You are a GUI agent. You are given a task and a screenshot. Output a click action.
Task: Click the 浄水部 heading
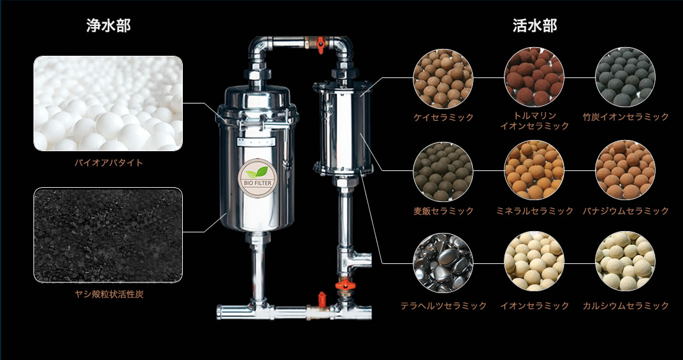click(108, 25)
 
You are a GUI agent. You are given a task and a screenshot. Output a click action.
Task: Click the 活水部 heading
click(534, 25)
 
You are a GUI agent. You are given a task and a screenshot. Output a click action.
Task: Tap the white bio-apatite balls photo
click(108, 103)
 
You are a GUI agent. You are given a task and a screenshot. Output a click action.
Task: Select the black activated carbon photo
click(108, 235)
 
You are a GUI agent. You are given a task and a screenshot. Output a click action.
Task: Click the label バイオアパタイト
click(108, 163)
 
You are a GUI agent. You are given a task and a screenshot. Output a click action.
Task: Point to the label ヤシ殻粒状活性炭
click(108, 294)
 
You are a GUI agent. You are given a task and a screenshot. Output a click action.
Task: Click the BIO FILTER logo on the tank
click(256, 178)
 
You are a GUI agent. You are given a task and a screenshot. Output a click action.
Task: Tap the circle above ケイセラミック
click(443, 78)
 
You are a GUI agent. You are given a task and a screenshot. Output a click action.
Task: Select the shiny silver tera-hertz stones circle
click(443, 262)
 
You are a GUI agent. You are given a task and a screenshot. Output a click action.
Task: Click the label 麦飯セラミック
click(443, 211)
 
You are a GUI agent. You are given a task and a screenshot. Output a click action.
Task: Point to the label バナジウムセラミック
click(625, 211)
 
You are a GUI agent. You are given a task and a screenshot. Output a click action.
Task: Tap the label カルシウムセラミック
click(625, 305)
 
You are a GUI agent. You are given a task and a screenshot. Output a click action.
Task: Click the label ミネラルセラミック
click(534, 211)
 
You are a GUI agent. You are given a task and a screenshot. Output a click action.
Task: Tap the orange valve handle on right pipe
click(345, 285)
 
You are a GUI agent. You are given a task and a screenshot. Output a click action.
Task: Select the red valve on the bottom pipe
click(322, 299)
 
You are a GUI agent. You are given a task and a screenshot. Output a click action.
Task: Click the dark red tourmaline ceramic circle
click(534, 77)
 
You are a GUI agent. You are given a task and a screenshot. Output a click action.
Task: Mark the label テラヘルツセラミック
click(443, 305)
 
